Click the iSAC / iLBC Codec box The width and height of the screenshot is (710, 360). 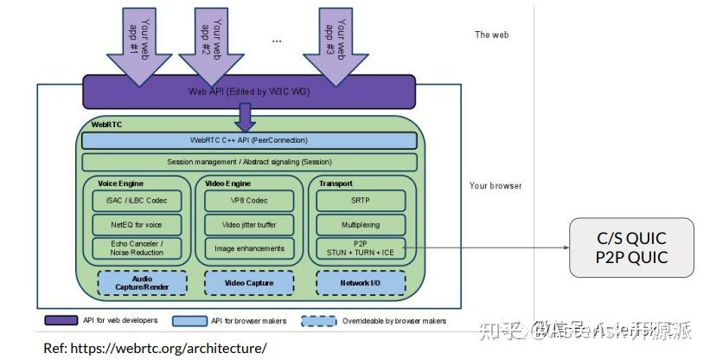click(138, 201)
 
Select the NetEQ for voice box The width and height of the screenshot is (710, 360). click(138, 225)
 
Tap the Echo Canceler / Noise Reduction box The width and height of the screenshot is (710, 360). click(138, 248)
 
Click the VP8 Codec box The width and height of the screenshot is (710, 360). click(249, 201)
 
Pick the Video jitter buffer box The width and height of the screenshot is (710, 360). click(249, 225)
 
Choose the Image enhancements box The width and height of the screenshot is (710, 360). click(249, 248)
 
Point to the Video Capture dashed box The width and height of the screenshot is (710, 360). click(248, 283)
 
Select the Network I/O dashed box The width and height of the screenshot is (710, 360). click(360, 283)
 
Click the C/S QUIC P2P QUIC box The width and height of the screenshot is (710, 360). click(631, 247)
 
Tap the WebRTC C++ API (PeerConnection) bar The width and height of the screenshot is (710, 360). click(249, 140)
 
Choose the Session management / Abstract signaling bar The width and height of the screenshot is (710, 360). click(249, 162)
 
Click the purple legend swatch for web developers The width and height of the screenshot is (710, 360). click(61, 321)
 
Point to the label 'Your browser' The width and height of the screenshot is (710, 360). click(496, 185)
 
